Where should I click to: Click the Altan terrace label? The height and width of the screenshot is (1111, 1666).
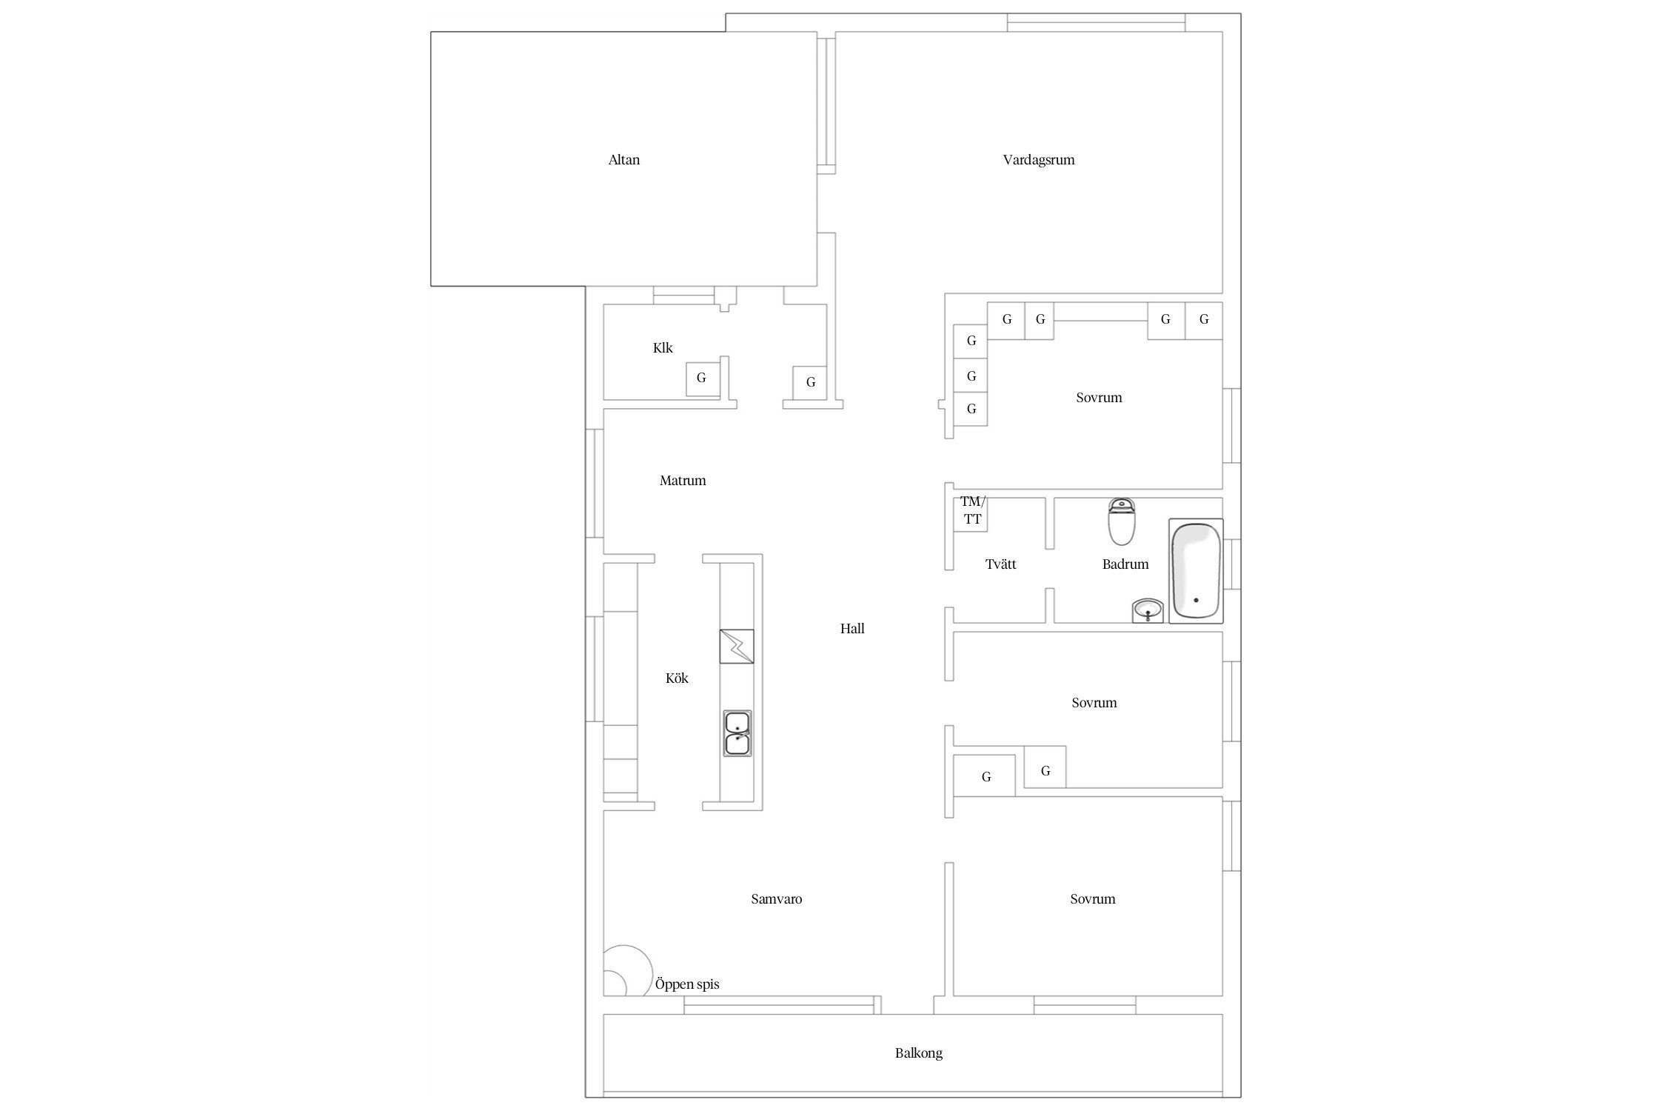point(623,160)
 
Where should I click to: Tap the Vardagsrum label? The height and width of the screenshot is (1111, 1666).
point(1038,160)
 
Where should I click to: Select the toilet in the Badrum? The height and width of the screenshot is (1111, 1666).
point(1122,521)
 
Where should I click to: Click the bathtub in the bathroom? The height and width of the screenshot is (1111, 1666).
point(1196,571)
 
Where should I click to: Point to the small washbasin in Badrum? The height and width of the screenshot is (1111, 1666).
point(1148,611)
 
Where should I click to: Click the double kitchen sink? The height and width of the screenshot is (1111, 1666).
point(737,733)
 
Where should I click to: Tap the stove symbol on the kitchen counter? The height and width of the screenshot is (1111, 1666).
point(737,647)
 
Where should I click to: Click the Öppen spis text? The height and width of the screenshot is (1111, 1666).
point(687,984)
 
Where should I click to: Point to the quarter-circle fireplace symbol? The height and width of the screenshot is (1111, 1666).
point(626,970)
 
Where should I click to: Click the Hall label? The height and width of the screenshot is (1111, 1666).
point(852,629)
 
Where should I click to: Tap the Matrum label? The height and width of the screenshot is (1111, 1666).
point(683,481)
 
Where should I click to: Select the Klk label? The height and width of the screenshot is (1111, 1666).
point(663,348)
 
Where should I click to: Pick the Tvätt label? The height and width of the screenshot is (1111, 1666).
point(1000,564)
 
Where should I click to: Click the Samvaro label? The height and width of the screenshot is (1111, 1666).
point(776,899)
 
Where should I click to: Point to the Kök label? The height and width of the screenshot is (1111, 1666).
point(677,678)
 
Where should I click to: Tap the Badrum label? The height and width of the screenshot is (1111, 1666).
point(1125,564)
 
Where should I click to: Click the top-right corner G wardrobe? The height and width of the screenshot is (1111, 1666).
point(1204,321)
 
